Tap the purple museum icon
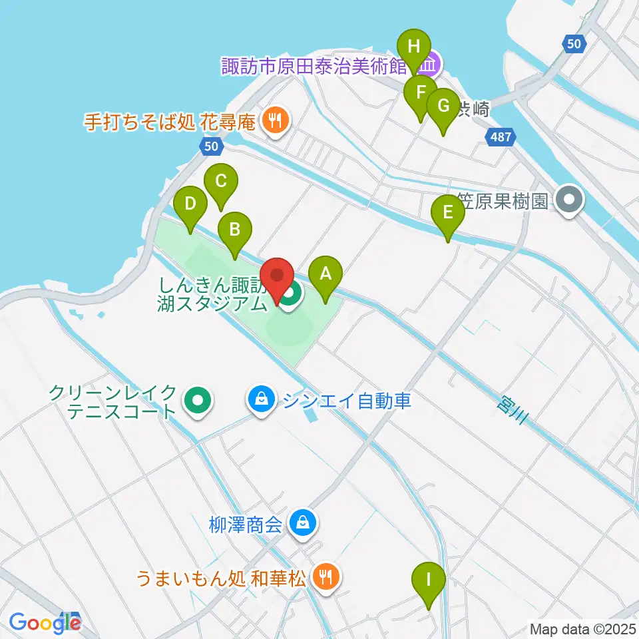pos(431,65)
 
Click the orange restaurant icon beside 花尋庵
pos(274,120)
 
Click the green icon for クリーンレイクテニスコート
pos(197,401)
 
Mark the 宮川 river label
pos(513,407)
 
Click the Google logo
pos(45,622)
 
